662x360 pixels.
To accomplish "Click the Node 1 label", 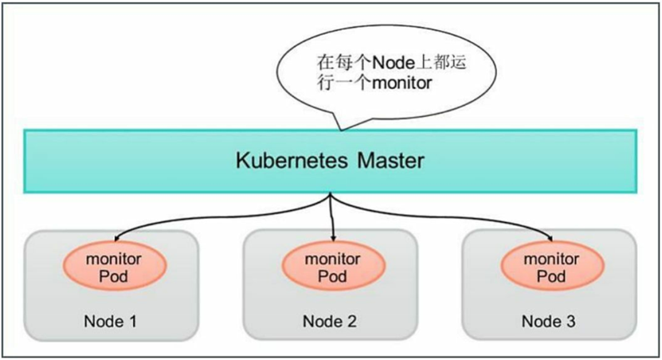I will [111, 322].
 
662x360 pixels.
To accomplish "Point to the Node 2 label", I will [330, 322].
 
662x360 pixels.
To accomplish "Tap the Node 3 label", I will [549, 322].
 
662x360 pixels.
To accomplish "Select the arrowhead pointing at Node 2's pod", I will [332, 237].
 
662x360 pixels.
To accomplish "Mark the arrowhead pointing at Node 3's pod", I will [551, 237].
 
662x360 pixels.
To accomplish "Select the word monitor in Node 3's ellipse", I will [551, 260].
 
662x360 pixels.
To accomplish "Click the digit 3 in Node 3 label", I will [570, 322].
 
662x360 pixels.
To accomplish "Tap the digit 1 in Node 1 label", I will [132, 322].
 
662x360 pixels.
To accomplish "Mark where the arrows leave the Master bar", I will [330, 194].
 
